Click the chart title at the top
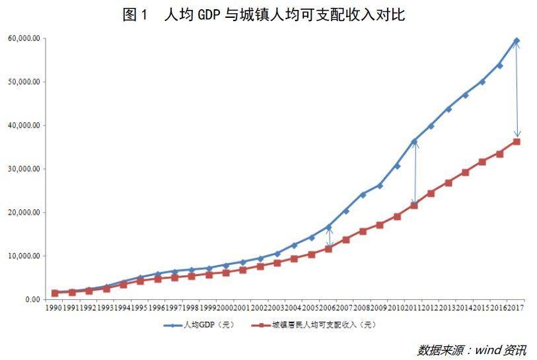point(264,15)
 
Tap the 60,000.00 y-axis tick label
point(23,38)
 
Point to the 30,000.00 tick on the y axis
point(23,169)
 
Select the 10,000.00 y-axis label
point(23,256)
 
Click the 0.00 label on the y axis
point(31,299)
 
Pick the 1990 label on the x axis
point(54,308)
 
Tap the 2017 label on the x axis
point(517,308)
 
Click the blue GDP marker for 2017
point(517,41)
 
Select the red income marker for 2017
point(517,141)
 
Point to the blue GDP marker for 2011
point(414,141)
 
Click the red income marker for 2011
point(414,205)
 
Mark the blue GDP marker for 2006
point(328,227)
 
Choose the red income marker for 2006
point(328,248)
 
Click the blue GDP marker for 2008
point(363,194)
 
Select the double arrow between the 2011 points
point(415,173)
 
